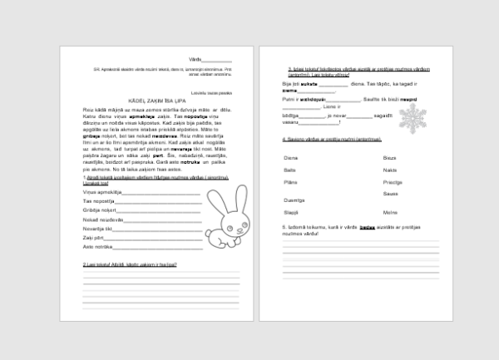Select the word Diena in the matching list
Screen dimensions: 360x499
[291, 158]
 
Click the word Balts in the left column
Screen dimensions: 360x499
[290, 170]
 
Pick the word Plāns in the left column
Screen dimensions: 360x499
[291, 181]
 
